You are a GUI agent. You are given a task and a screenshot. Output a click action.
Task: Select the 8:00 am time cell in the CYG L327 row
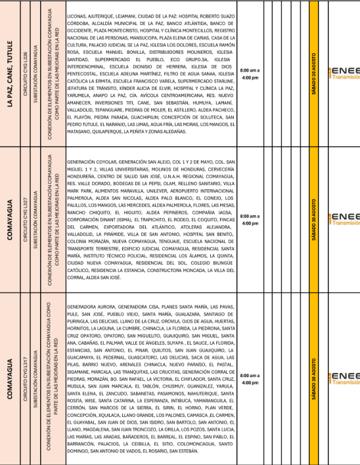250,219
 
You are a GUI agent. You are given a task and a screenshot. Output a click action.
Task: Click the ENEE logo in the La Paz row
344,73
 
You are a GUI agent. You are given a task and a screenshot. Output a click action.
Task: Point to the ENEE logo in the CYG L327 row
344,219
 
